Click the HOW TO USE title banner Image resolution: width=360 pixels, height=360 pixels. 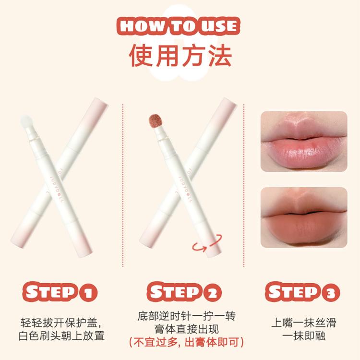click(179, 26)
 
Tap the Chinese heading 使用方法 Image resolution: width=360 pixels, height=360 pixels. click(180, 56)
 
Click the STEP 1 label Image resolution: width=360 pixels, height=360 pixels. click(60, 292)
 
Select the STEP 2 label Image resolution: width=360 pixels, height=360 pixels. click(184, 292)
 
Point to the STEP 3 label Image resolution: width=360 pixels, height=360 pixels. click(302, 292)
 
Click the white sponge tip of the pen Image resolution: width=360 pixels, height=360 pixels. click(26, 122)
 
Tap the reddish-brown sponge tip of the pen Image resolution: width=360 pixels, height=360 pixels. click(156, 121)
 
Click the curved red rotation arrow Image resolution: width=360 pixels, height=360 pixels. click(207, 243)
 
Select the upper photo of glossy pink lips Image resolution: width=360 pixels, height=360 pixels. click(304, 142)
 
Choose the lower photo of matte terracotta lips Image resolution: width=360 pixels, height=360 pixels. click(304, 217)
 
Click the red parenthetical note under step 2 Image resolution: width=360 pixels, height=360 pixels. click(186, 342)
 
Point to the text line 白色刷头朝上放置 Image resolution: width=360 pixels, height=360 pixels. click(61, 336)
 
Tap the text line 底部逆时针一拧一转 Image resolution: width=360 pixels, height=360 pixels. click(186, 316)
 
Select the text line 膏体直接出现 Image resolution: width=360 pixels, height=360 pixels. click(186, 329)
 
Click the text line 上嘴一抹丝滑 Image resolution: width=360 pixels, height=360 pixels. click(303, 323)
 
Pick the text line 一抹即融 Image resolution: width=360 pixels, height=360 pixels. click(304, 336)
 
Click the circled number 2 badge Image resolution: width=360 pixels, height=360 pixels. click(213, 293)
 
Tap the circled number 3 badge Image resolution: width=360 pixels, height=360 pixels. click(331, 293)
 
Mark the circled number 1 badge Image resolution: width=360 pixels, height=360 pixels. click(88, 293)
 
